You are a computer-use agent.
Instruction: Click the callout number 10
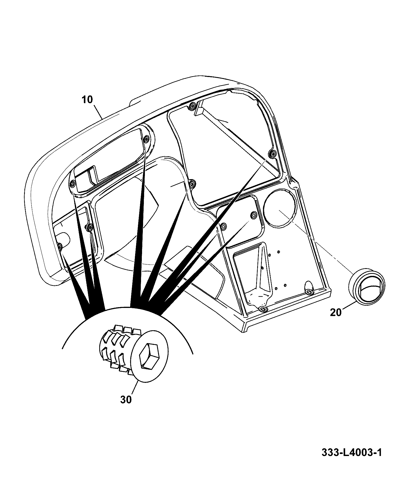[87, 100]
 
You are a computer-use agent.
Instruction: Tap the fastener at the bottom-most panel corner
[263, 309]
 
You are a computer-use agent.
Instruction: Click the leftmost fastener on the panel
[59, 247]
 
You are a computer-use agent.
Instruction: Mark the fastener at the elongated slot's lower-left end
[72, 184]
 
